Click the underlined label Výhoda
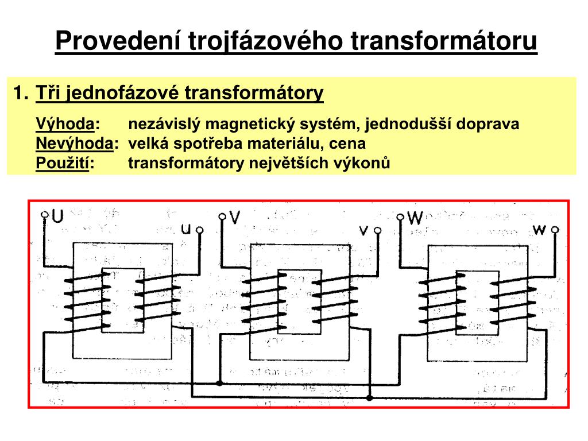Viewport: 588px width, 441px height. click(65, 124)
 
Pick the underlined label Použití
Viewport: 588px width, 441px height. click(62, 163)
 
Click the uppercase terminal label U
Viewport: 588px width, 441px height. click(57, 216)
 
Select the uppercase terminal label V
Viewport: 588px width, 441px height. click(234, 217)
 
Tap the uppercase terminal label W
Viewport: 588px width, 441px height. click(415, 218)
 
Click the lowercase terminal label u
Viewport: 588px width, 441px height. click(186, 229)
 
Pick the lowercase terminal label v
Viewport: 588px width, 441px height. click(364, 230)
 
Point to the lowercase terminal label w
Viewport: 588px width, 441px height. click(539, 230)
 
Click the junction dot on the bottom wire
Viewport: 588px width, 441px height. click(369, 397)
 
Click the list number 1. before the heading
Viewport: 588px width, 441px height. click(21, 92)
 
